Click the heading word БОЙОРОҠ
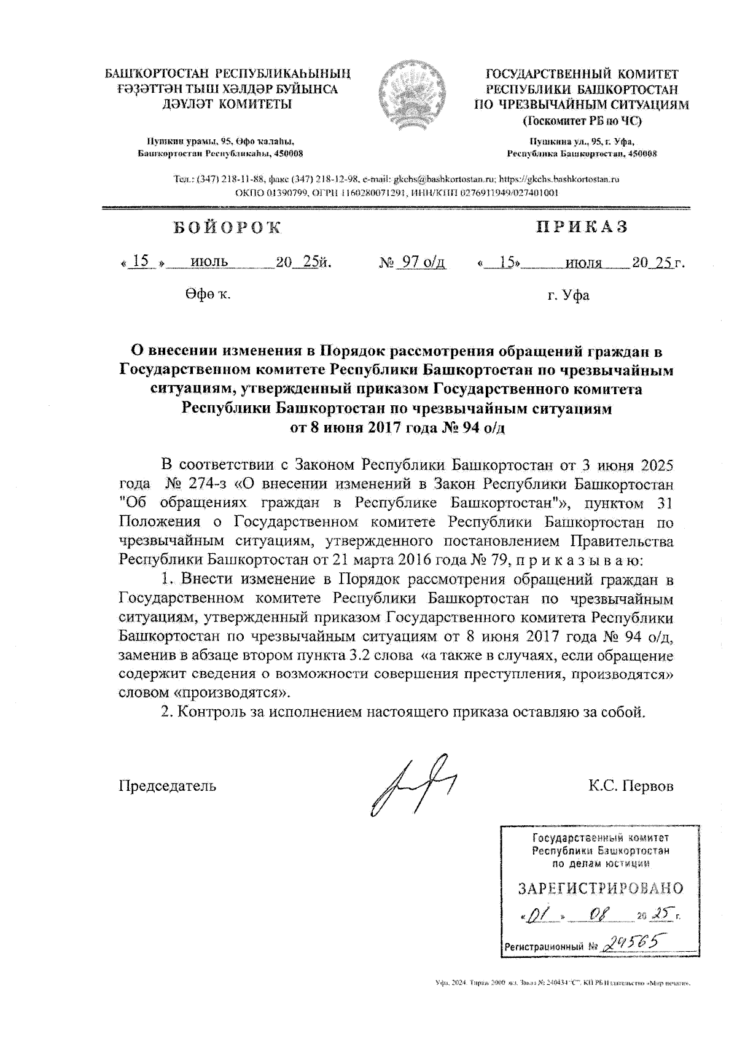tap(227, 228)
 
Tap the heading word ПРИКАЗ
tap(582, 227)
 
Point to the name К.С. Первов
tap(630, 786)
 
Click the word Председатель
tap(167, 786)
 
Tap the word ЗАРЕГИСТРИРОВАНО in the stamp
tap(601, 888)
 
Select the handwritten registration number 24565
tap(633, 942)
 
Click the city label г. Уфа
tap(569, 295)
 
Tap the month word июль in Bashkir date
tap(209, 262)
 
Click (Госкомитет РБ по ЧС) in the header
tap(582, 121)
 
